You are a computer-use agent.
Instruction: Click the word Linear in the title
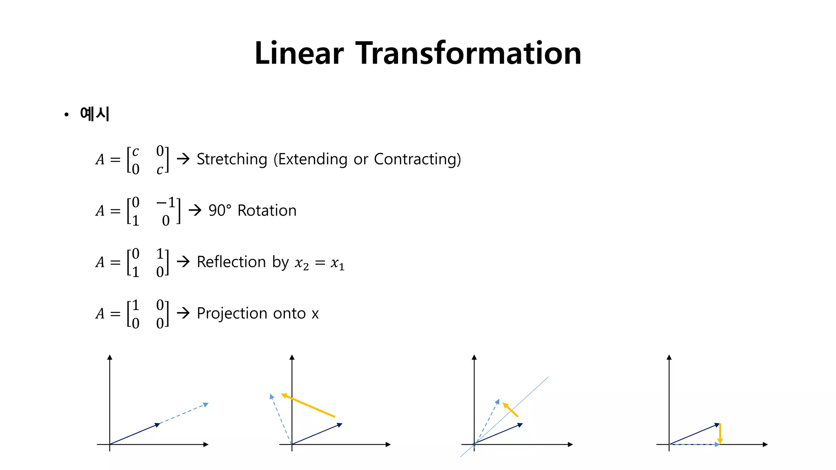tap(299, 53)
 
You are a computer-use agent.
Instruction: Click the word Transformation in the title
tap(469, 53)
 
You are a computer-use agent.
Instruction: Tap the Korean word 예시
tap(95, 114)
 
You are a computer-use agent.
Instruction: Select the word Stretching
tap(232, 159)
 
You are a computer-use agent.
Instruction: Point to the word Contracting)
tap(417, 159)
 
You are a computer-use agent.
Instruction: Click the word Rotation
tap(267, 211)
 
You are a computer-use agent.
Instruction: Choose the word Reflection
tap(231, 262)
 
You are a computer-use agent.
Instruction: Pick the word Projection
tap(231, 313)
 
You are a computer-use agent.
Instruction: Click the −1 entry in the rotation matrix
tap(166, 202)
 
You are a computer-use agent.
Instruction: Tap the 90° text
tap(220, 211)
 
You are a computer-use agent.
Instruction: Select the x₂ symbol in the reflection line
tap(302, 264)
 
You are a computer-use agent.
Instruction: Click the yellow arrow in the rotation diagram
tap(308, 406)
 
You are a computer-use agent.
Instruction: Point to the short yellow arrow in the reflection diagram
tap(510, 410)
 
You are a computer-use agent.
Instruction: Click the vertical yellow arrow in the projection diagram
tap(720, 434)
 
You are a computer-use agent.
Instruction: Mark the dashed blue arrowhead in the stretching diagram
tap(206, 404)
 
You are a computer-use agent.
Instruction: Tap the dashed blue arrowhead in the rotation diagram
tap(271, 396)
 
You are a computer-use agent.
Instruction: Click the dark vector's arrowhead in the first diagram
tap(158, 425)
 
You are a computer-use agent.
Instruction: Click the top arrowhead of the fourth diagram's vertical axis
tap(669, 357)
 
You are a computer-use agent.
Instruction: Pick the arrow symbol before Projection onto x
tap(183, 313)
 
